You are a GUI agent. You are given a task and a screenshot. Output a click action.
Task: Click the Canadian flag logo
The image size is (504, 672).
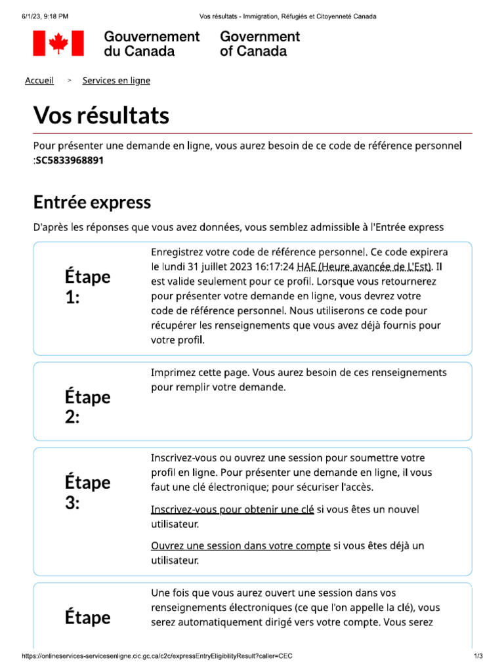pyautogui.click(x=58, y=43)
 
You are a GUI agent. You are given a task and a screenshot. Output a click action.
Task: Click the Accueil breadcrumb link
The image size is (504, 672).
pyautogui.click(x=39, y=81)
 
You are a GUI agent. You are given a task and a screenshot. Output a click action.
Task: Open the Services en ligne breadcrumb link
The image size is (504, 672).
pyautogui.click(x=116, y=81)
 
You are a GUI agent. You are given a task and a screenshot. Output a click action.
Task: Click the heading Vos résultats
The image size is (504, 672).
pyautogui.click(x=101, y=115)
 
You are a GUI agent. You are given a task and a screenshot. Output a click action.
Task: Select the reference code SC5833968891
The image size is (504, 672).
pyautogui.click(x=70, y=159)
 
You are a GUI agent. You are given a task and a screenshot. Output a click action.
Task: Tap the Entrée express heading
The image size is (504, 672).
pyautogui.click(x=92, y=201)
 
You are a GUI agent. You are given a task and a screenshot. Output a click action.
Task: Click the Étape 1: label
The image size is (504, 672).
pyautogui.click(x=87, y=287)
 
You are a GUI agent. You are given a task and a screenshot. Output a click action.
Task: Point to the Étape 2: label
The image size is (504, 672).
pyautogui.click(x=87, y=407)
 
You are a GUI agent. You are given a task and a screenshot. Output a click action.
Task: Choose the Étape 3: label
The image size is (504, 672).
pyautogui.click(x=87, y=492)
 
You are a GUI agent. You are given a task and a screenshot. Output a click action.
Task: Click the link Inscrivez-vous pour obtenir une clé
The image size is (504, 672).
pyautogui.click(x=232, y=510)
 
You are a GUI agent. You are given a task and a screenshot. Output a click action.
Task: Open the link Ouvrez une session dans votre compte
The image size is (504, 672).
pyautogui.click(x=241, y=546)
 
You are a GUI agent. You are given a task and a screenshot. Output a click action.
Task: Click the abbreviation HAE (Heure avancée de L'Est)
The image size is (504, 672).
pyautogui.click(x=364, y=266)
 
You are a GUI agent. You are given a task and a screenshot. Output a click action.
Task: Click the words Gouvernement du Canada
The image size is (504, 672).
pyautogui.click(x=152, y=43)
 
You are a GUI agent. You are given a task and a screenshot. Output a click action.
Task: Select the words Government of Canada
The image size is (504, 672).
pyautogui.click(x=260, y=43)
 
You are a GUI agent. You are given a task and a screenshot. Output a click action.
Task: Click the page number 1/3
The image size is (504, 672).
pyautogui.click(x=478, y=656)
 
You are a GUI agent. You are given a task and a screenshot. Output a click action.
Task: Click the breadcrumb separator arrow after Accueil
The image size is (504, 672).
pyautogui.click(x=69, y=81)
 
